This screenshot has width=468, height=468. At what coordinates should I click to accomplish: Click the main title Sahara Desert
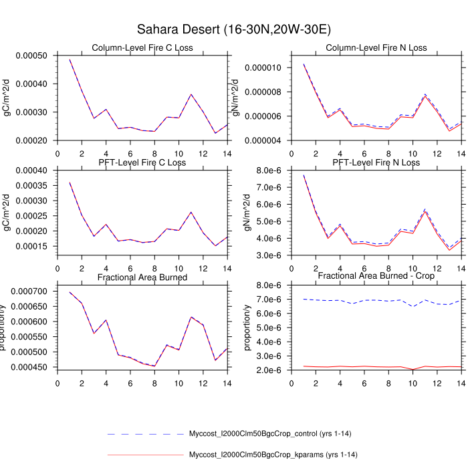point(233,29)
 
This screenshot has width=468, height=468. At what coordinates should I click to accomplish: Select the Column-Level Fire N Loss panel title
point(376,47)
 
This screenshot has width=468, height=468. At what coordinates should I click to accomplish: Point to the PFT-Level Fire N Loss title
point(376,162)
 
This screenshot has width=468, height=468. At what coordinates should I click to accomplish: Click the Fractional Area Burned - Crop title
point(376,277)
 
